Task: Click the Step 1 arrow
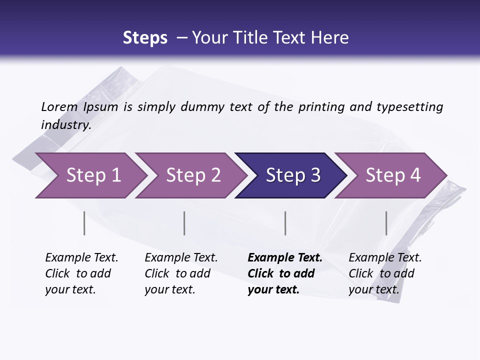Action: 90,175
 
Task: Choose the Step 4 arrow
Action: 392,175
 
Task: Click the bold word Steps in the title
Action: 145,38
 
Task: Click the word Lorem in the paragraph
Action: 59,106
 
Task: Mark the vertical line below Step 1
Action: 84,223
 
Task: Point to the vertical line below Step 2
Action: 184,223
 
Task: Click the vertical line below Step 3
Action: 285,223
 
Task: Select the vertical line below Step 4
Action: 386,223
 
